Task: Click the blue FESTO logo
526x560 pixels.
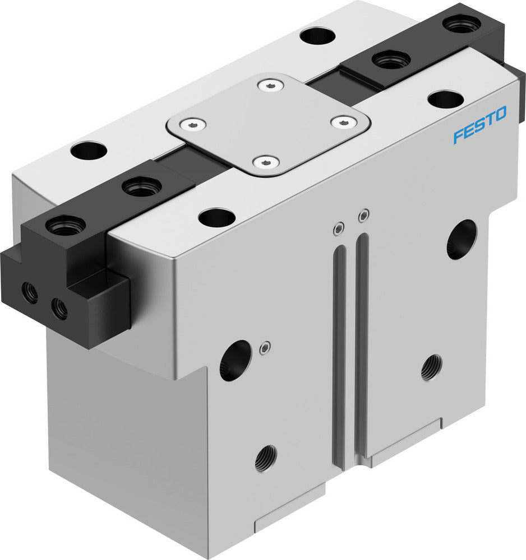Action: point(479,125)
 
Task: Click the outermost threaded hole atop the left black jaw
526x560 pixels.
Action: point(66,226)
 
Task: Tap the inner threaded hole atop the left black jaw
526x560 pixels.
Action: point(142,186)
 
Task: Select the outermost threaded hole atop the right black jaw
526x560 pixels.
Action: point(461,24)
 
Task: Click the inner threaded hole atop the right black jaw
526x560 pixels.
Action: point(391,58)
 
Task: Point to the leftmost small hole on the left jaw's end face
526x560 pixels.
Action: point(30,291)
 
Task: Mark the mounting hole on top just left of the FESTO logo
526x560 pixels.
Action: point(445,99)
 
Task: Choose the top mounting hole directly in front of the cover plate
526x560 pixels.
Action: point(216,217)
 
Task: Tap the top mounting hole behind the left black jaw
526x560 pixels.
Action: point(89,150)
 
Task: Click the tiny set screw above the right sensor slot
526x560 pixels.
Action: point(364,214)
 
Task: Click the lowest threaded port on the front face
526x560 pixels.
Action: point(265,459)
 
